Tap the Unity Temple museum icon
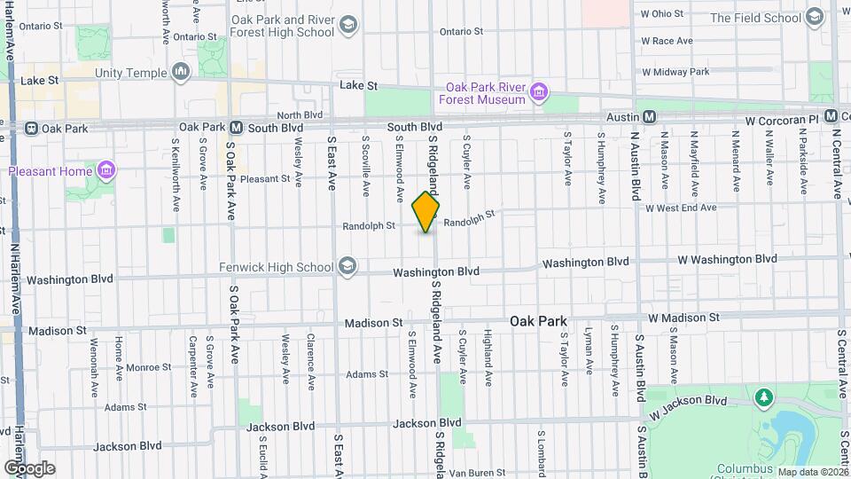tap(182, 70)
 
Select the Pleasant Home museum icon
tap(106, 169)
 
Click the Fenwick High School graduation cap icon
tap(347, 266)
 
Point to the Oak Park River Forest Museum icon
tap(538, 92)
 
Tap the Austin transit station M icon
tap(649, 117)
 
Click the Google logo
tap(29, 468)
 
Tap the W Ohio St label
tap(662, 13)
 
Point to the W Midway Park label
tap(675, 71)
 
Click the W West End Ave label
tap(681, 208)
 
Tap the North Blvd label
tap(300, 115)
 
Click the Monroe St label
tap(147, 367)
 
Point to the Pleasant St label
tap(265, 178)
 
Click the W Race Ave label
tap(667, 41)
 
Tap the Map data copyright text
tap(811, 471)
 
